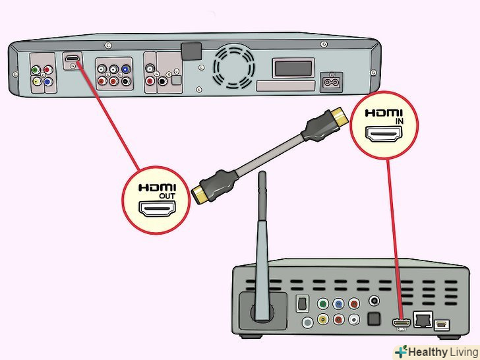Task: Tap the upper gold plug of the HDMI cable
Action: (x=338, y=119)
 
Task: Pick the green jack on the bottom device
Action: (x=322, y=305)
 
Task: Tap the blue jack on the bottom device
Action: (x=338, y=305)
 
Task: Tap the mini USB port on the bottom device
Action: (x=441, y=324)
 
